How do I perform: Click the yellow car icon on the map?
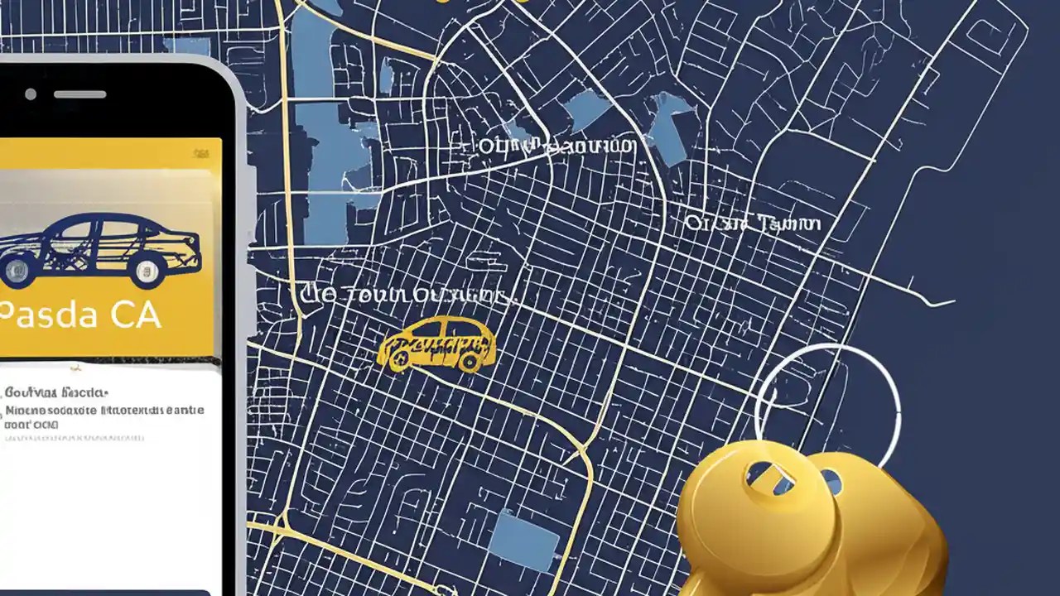pyautogui.click(x=436, y=343)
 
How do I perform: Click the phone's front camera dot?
pyautogui.click(x=31, y=94)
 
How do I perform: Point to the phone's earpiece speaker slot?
pyautogui.click(x=80, y=94)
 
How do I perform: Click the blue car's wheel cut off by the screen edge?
pyautogui.click(x=14, y=270)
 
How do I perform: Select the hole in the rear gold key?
pyautogui.click(x=831, y=480)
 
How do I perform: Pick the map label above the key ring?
pyautogui.click(x=752, y=223)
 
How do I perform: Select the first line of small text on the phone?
pyautogui.click(x=56, y=392)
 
